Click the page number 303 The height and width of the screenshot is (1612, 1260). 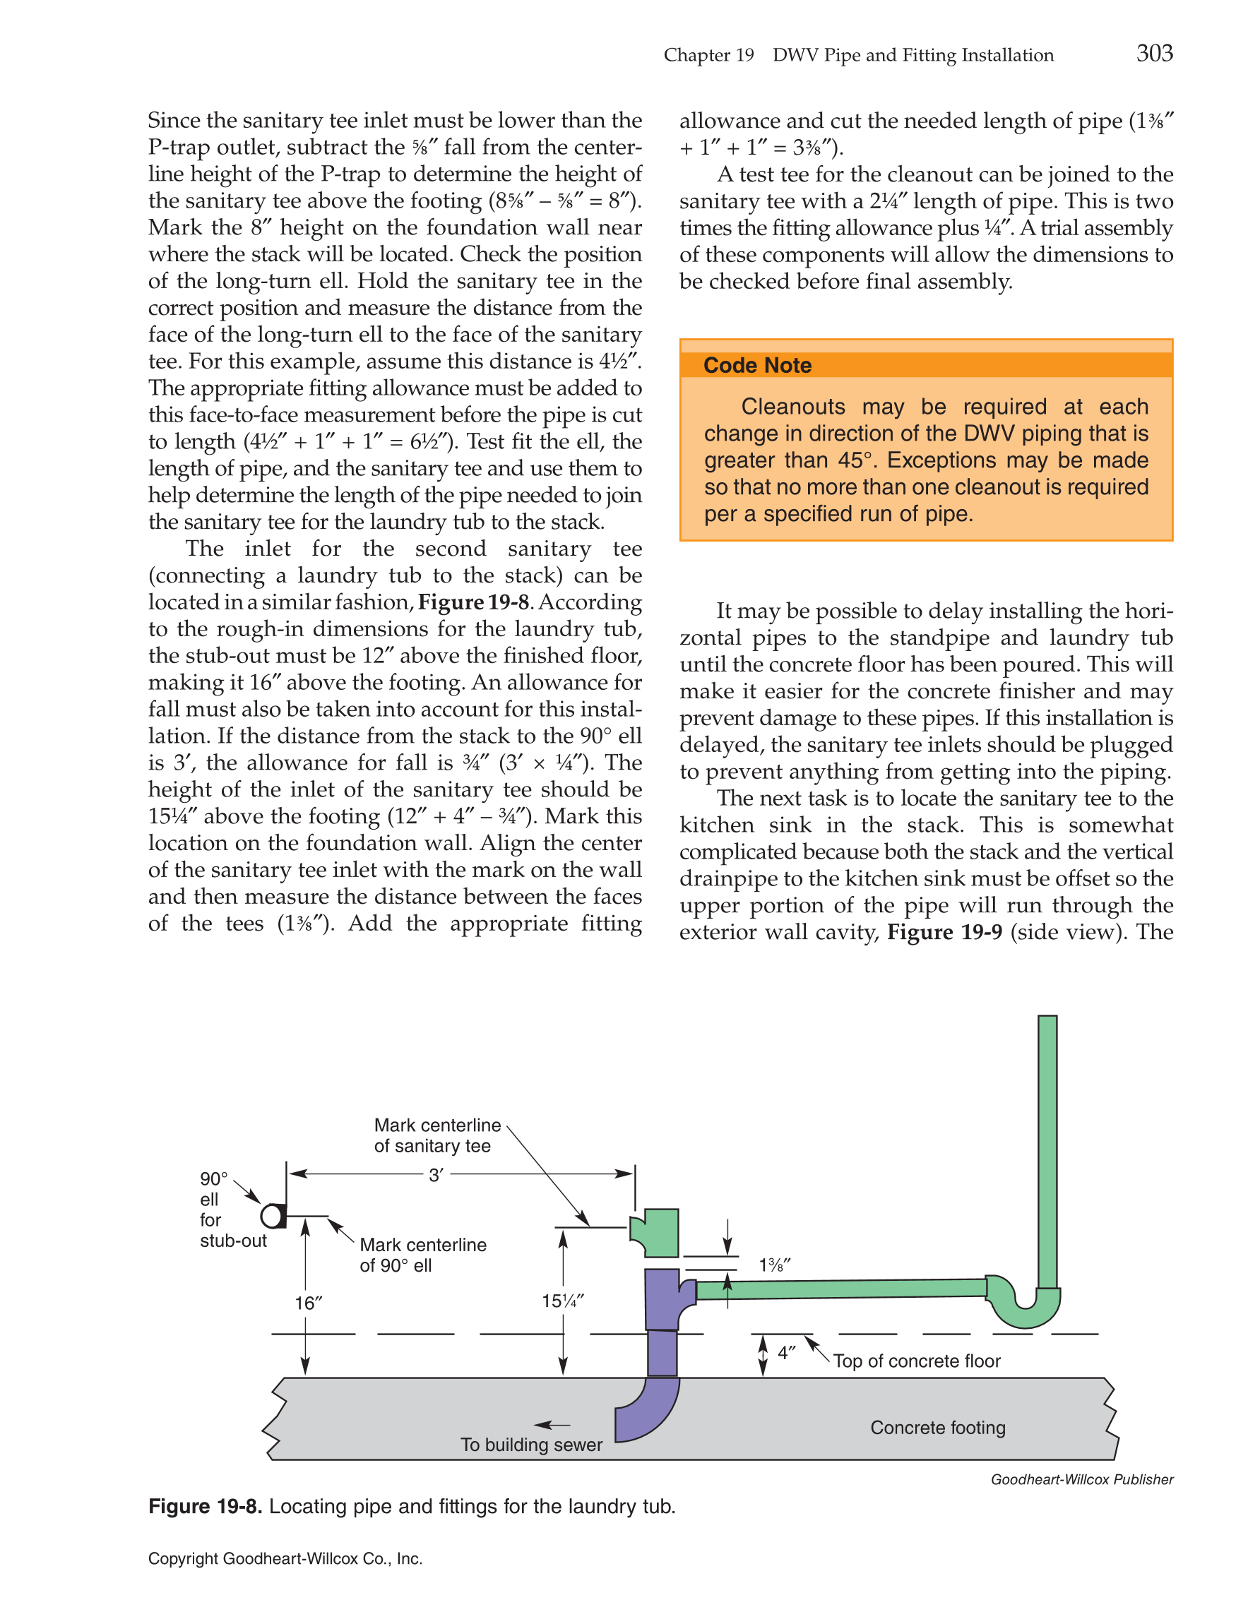tap(1154, 53)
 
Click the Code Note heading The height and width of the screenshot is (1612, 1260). tap(757, 365)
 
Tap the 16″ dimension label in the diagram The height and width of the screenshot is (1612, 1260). tap(309, 1303)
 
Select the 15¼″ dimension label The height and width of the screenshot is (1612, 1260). tap(562, 1301)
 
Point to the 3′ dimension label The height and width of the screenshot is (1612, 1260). tap(436, 1175)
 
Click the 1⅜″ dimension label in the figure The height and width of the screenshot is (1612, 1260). tap(775, 1265)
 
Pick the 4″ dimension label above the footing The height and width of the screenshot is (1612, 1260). tap(787, 1353)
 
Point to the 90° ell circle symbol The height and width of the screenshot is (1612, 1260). tap(273, 1216)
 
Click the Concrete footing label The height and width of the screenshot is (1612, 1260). tap(937, 1428)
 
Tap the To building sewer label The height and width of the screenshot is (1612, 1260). tap(531, 1445)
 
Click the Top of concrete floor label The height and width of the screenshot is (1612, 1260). tap(917, 1361)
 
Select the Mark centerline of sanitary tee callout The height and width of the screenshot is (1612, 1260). tap(437, 1135)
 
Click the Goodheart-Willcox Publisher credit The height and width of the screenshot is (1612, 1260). tap(1081, 1479)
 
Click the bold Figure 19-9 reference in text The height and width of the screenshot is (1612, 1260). tap(944, 932)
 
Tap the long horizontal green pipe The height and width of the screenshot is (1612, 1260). tap(841, 1289)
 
